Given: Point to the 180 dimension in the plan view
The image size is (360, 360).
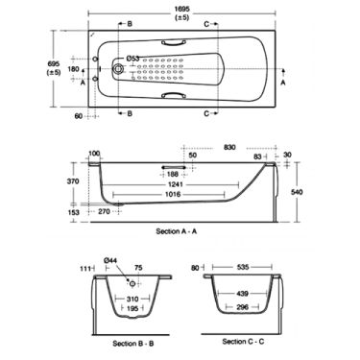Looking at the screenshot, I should (73, 68).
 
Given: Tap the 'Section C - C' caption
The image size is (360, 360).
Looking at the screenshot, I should (249, 341).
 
